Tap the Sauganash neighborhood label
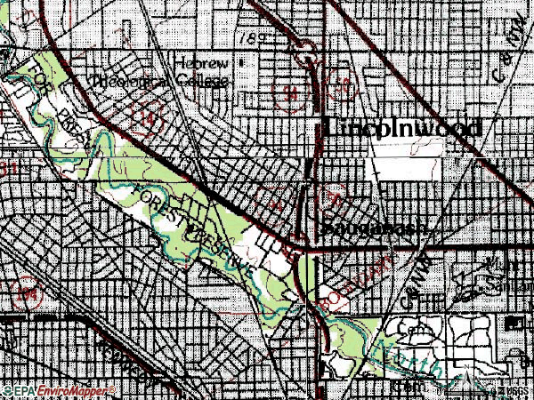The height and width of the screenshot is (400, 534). pos(375,228)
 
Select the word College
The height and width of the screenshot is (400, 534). pos(202,82)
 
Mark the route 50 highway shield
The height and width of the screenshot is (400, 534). pos(342,86)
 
